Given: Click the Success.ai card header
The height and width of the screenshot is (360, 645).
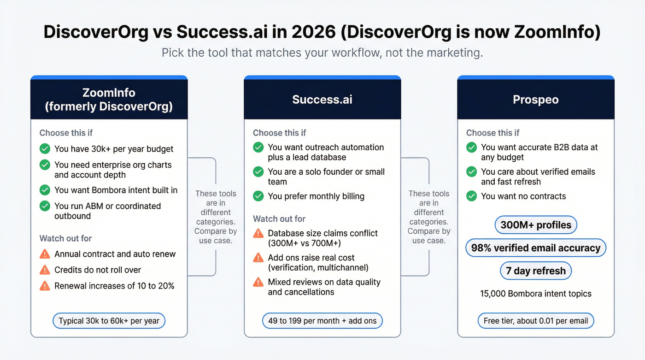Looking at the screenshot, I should tap(322, 100).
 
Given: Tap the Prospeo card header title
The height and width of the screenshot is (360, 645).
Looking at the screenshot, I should tap(535, 100).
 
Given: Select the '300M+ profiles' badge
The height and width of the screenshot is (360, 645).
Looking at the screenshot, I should tap(535, 225).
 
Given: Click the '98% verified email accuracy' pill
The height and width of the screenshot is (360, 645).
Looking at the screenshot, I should tap(535, 248).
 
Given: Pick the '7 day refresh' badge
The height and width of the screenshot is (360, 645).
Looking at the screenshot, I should tap(535, 271).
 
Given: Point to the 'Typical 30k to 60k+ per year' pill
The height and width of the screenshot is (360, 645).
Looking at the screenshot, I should tap(109, 321).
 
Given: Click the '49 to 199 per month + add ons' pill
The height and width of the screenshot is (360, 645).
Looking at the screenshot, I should tap(322, 321).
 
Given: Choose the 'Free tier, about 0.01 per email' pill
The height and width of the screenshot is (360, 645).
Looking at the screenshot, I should tap(535, 321).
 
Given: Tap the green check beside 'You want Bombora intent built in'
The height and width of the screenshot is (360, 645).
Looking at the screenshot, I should tap(45, 190).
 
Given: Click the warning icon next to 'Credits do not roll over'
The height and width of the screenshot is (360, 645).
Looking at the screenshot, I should tap(45, 270).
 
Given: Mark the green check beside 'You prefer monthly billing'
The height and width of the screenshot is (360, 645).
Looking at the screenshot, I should tap(258, 196).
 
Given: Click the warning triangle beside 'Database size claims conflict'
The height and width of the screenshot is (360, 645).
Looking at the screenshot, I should tap(258, 233).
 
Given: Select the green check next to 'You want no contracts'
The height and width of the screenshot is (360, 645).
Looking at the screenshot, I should tap(471, 196).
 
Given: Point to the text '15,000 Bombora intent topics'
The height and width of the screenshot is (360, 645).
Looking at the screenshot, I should tap(535, 294).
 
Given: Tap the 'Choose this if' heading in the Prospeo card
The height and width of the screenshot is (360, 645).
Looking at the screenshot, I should tap(493, 133).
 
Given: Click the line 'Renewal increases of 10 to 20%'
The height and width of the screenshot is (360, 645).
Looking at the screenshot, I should tap(114, 286).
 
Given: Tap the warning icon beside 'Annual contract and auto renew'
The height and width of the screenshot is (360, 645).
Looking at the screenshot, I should tap(45, 254).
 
